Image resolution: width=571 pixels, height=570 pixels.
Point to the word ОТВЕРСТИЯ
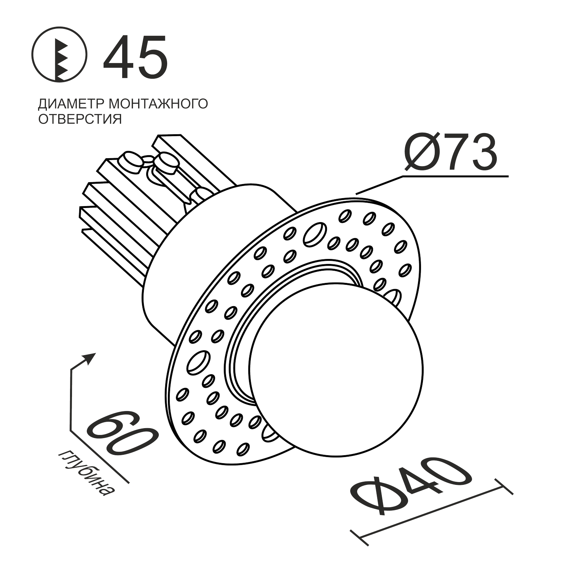click(x=80, y=119)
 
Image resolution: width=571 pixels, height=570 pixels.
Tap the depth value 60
click(x=122, y=433)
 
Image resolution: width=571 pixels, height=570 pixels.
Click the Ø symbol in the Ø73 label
click(x=423, y=152)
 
